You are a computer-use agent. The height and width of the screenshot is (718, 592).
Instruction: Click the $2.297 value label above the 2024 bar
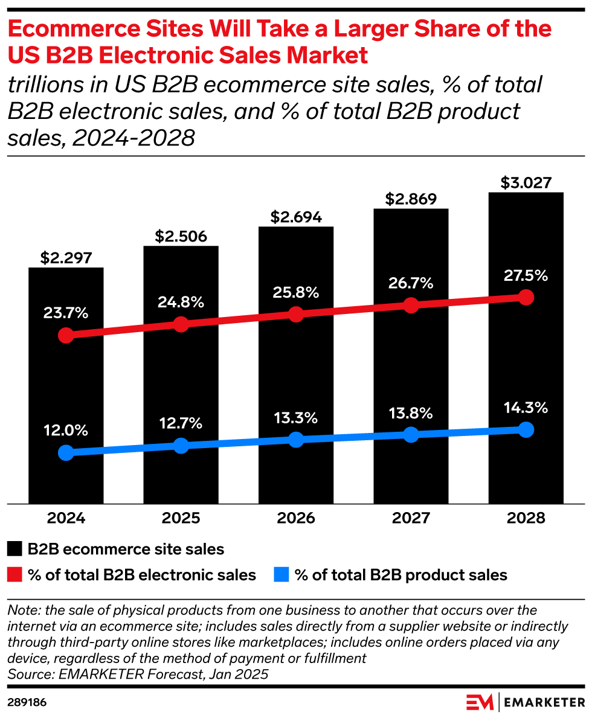click(x=66, y=258)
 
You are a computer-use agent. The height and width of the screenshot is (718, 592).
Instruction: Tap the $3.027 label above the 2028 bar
click(x=526, y=182)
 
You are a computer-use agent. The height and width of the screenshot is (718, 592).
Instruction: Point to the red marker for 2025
click(x=181, y=324)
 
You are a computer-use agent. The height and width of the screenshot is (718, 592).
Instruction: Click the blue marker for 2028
click(x=526, y=429)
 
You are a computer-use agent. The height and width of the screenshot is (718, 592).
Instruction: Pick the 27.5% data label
click(x=526, y=276)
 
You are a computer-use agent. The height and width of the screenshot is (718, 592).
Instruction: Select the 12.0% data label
click(x=66, y=431)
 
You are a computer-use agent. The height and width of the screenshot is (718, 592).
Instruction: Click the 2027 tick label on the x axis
click(x=411, y=518)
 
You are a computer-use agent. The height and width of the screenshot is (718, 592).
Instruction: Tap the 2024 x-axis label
click(x=66, y=518)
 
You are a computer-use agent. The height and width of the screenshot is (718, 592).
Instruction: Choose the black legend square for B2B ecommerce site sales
click(x=15, y=549)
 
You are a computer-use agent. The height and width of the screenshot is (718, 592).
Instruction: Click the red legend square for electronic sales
click(x=15, y=575)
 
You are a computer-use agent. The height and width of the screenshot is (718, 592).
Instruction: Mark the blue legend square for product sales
click(x=282, y=575)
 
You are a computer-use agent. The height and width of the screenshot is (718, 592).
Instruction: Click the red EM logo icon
click(x=481, y=702)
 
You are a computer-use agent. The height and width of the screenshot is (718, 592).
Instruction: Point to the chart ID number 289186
click(x=27, y=703)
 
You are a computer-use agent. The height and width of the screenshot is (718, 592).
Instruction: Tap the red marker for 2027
click(x=411, y=305)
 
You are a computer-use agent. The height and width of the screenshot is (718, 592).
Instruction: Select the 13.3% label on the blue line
click(x=296, y=418)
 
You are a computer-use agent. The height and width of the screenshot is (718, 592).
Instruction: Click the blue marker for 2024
click(x=66, y=452)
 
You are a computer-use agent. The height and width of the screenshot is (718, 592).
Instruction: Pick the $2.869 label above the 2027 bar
click(x=411, y=199)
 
